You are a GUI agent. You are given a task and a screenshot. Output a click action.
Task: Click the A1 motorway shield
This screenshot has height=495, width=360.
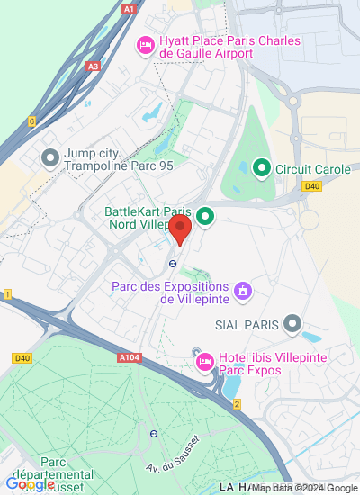130,9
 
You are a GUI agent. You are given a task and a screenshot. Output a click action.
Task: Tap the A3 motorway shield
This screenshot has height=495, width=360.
94,66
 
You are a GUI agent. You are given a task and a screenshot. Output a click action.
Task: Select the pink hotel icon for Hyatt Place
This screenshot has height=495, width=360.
144,45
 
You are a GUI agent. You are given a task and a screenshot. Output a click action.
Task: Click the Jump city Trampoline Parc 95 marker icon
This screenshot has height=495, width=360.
50,159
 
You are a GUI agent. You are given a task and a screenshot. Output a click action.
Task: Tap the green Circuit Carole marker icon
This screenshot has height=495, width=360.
261,167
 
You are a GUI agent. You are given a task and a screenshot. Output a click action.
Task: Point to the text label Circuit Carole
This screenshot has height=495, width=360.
306,167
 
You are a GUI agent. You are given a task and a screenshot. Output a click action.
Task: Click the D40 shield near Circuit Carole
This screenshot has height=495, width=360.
312,186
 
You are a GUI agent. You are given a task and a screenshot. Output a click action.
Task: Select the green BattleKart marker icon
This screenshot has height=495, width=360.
205,216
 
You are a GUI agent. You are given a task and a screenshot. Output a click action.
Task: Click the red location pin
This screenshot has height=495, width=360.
180,229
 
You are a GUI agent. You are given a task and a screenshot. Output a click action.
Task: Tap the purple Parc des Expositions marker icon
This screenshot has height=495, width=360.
241,291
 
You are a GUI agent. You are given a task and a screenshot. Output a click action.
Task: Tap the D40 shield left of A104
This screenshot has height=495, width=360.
22,358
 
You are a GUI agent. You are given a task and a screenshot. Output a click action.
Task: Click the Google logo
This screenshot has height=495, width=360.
30,484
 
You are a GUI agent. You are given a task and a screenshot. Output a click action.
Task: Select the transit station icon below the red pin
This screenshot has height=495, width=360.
171,264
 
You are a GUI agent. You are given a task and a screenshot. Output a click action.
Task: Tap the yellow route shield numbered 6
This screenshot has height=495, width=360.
31,121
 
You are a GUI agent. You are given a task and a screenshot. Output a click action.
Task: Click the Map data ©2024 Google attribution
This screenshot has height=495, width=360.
304,489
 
